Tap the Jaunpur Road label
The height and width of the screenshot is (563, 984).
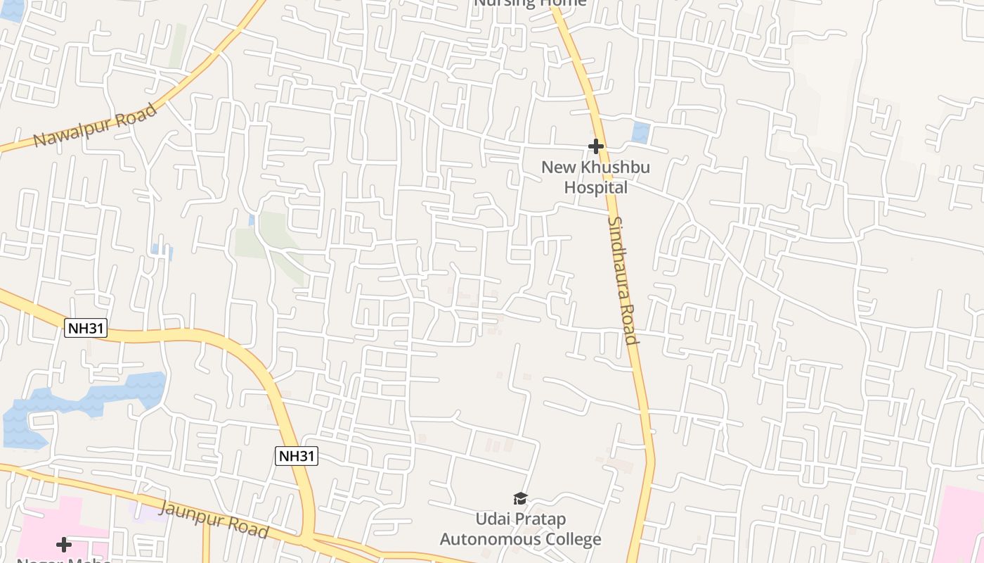point(214,519)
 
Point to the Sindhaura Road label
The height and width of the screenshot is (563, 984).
point(622,280)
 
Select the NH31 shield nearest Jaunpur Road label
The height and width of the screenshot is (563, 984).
point(296,456)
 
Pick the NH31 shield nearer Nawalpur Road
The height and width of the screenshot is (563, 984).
point(86,327)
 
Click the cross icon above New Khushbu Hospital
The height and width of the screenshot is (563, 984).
point(595,146)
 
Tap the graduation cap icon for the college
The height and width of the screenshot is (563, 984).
point(520,499)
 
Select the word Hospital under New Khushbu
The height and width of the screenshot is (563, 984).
point(596,188)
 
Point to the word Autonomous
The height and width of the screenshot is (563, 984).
point(488,540)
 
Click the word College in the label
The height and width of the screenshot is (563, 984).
point(571,540)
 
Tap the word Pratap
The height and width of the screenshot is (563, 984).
point(538,519)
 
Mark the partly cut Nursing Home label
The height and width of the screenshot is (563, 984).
point(530,3)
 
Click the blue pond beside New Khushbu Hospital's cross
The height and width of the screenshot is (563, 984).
point(640,132)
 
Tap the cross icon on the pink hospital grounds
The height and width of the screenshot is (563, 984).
point(64,544)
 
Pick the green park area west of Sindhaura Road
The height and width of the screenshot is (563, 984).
point(271,236)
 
